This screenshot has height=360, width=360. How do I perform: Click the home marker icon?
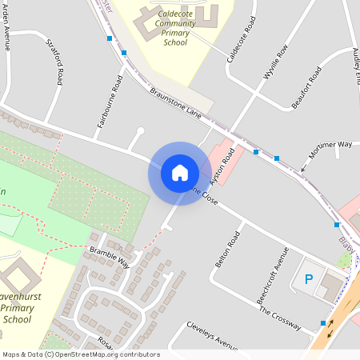click(x=180, y=173)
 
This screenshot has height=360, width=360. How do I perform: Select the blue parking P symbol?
click(x=308, y=279)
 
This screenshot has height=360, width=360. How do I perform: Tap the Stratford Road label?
click(x=54, y=62)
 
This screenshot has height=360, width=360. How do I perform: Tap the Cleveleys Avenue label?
click(x=212, y=335)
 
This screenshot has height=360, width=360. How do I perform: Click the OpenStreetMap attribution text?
click(x=81, y=354)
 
